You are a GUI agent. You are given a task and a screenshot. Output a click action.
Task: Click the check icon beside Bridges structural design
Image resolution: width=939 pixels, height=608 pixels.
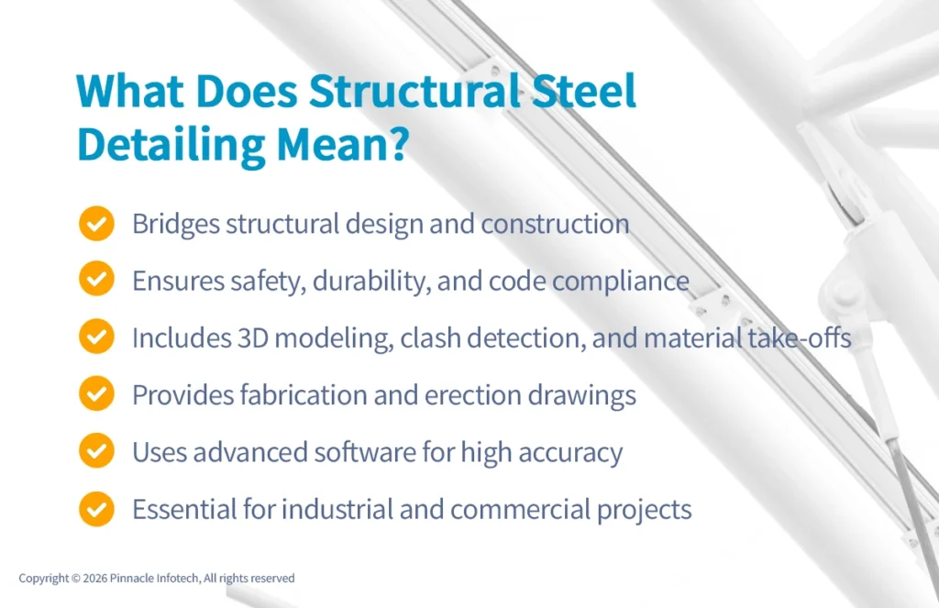(x=96, y=224)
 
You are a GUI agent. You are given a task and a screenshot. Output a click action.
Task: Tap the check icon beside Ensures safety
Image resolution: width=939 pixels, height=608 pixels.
(x=96, y=281)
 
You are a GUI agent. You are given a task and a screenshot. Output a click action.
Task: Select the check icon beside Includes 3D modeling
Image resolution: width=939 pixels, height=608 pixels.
(x=96, y=337)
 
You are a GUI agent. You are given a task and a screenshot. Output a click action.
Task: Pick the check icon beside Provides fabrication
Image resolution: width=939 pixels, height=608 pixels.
(x=96, y=394)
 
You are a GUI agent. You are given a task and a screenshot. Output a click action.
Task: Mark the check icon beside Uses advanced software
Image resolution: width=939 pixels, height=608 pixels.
(x=96, y=451)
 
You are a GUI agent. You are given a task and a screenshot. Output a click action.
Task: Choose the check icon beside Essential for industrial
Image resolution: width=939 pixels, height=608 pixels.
(x=96, y=508)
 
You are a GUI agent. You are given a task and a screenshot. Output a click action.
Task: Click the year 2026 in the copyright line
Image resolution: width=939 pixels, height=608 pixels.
(x=94, y=579)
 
